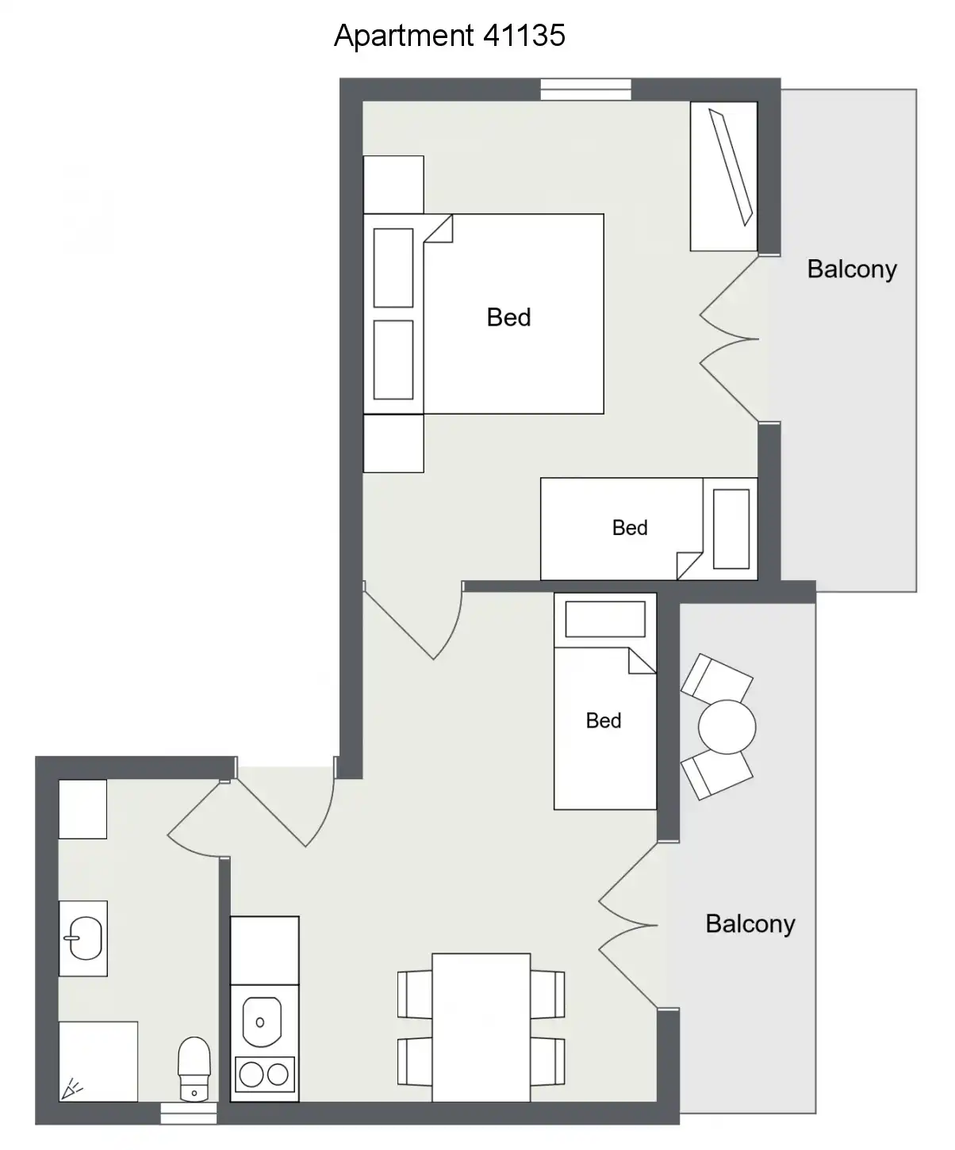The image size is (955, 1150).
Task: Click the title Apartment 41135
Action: coord(450,36)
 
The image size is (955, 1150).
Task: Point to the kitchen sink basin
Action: coord(262,1022)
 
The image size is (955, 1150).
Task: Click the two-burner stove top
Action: coord(265,1075)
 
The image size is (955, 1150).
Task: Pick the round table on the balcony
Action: coord(727,727)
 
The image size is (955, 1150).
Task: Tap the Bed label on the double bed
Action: coord(508,318)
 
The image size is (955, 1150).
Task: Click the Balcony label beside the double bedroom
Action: coord(852,270)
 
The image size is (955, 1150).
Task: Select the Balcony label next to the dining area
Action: coord(750,924)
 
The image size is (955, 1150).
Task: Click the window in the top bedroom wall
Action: coord(585,90)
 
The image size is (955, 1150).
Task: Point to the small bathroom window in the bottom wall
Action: coord(189,1113)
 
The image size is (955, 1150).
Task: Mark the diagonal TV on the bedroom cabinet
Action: coord(731,167)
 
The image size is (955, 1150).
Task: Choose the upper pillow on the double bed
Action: coord(393,268)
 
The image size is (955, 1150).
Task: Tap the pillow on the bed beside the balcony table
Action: coord(605,619)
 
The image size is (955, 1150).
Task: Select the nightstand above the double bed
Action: coord(393,185)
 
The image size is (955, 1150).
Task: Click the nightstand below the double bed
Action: coord(393,443)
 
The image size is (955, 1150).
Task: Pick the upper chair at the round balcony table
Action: coord(717,678)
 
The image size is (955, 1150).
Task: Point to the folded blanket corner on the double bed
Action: coord(439,228)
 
